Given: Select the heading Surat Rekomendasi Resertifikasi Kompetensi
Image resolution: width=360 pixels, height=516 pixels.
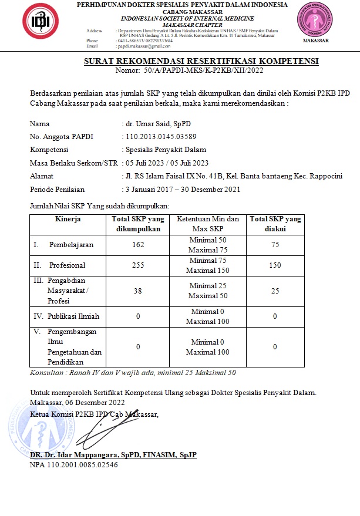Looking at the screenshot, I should [x=201, y=61].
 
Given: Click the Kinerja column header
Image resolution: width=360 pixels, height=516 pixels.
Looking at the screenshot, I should [x=68, y=220].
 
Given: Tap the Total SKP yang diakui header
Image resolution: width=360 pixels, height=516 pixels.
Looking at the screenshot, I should [x=275, y=224].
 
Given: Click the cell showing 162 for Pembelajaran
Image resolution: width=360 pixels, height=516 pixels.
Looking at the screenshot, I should [x=138, y=245].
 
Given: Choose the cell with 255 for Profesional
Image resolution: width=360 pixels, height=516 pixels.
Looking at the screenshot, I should [x=138, y=265].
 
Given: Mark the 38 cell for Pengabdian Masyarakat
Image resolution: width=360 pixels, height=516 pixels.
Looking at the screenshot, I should [x=138, y=290].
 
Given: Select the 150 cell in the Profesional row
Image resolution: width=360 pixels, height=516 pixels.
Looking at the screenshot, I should [x=275, y=265].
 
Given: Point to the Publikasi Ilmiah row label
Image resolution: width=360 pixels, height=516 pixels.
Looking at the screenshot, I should [x=73, y=316].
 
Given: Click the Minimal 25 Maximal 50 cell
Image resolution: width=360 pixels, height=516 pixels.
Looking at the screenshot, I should [x=207, y=290].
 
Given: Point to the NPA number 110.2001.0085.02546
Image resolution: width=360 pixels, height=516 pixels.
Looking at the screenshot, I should [x=74, y=465].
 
